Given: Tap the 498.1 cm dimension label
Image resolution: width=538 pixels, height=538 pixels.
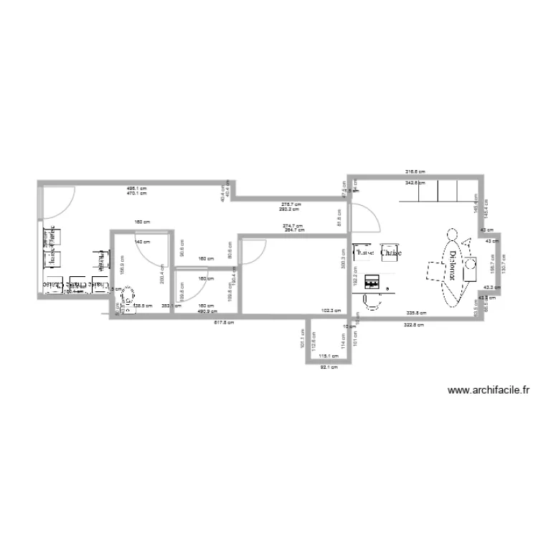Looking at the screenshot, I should tap(136, 187).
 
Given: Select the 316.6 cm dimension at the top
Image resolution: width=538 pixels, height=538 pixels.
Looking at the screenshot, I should tap(415, 172).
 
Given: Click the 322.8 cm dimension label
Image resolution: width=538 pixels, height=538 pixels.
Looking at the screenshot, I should tap(415, 325).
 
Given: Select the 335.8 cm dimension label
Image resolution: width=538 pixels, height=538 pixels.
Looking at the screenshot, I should tap(417, 313).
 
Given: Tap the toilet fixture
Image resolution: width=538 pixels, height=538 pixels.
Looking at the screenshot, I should tap(129, 298).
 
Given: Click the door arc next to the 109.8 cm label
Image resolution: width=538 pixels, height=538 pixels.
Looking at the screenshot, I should tap(189, 287).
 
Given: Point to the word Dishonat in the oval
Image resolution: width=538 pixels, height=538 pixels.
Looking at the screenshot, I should tap(453, 269).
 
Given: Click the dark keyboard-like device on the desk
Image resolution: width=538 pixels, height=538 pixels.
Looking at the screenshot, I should tap(372, 282).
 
